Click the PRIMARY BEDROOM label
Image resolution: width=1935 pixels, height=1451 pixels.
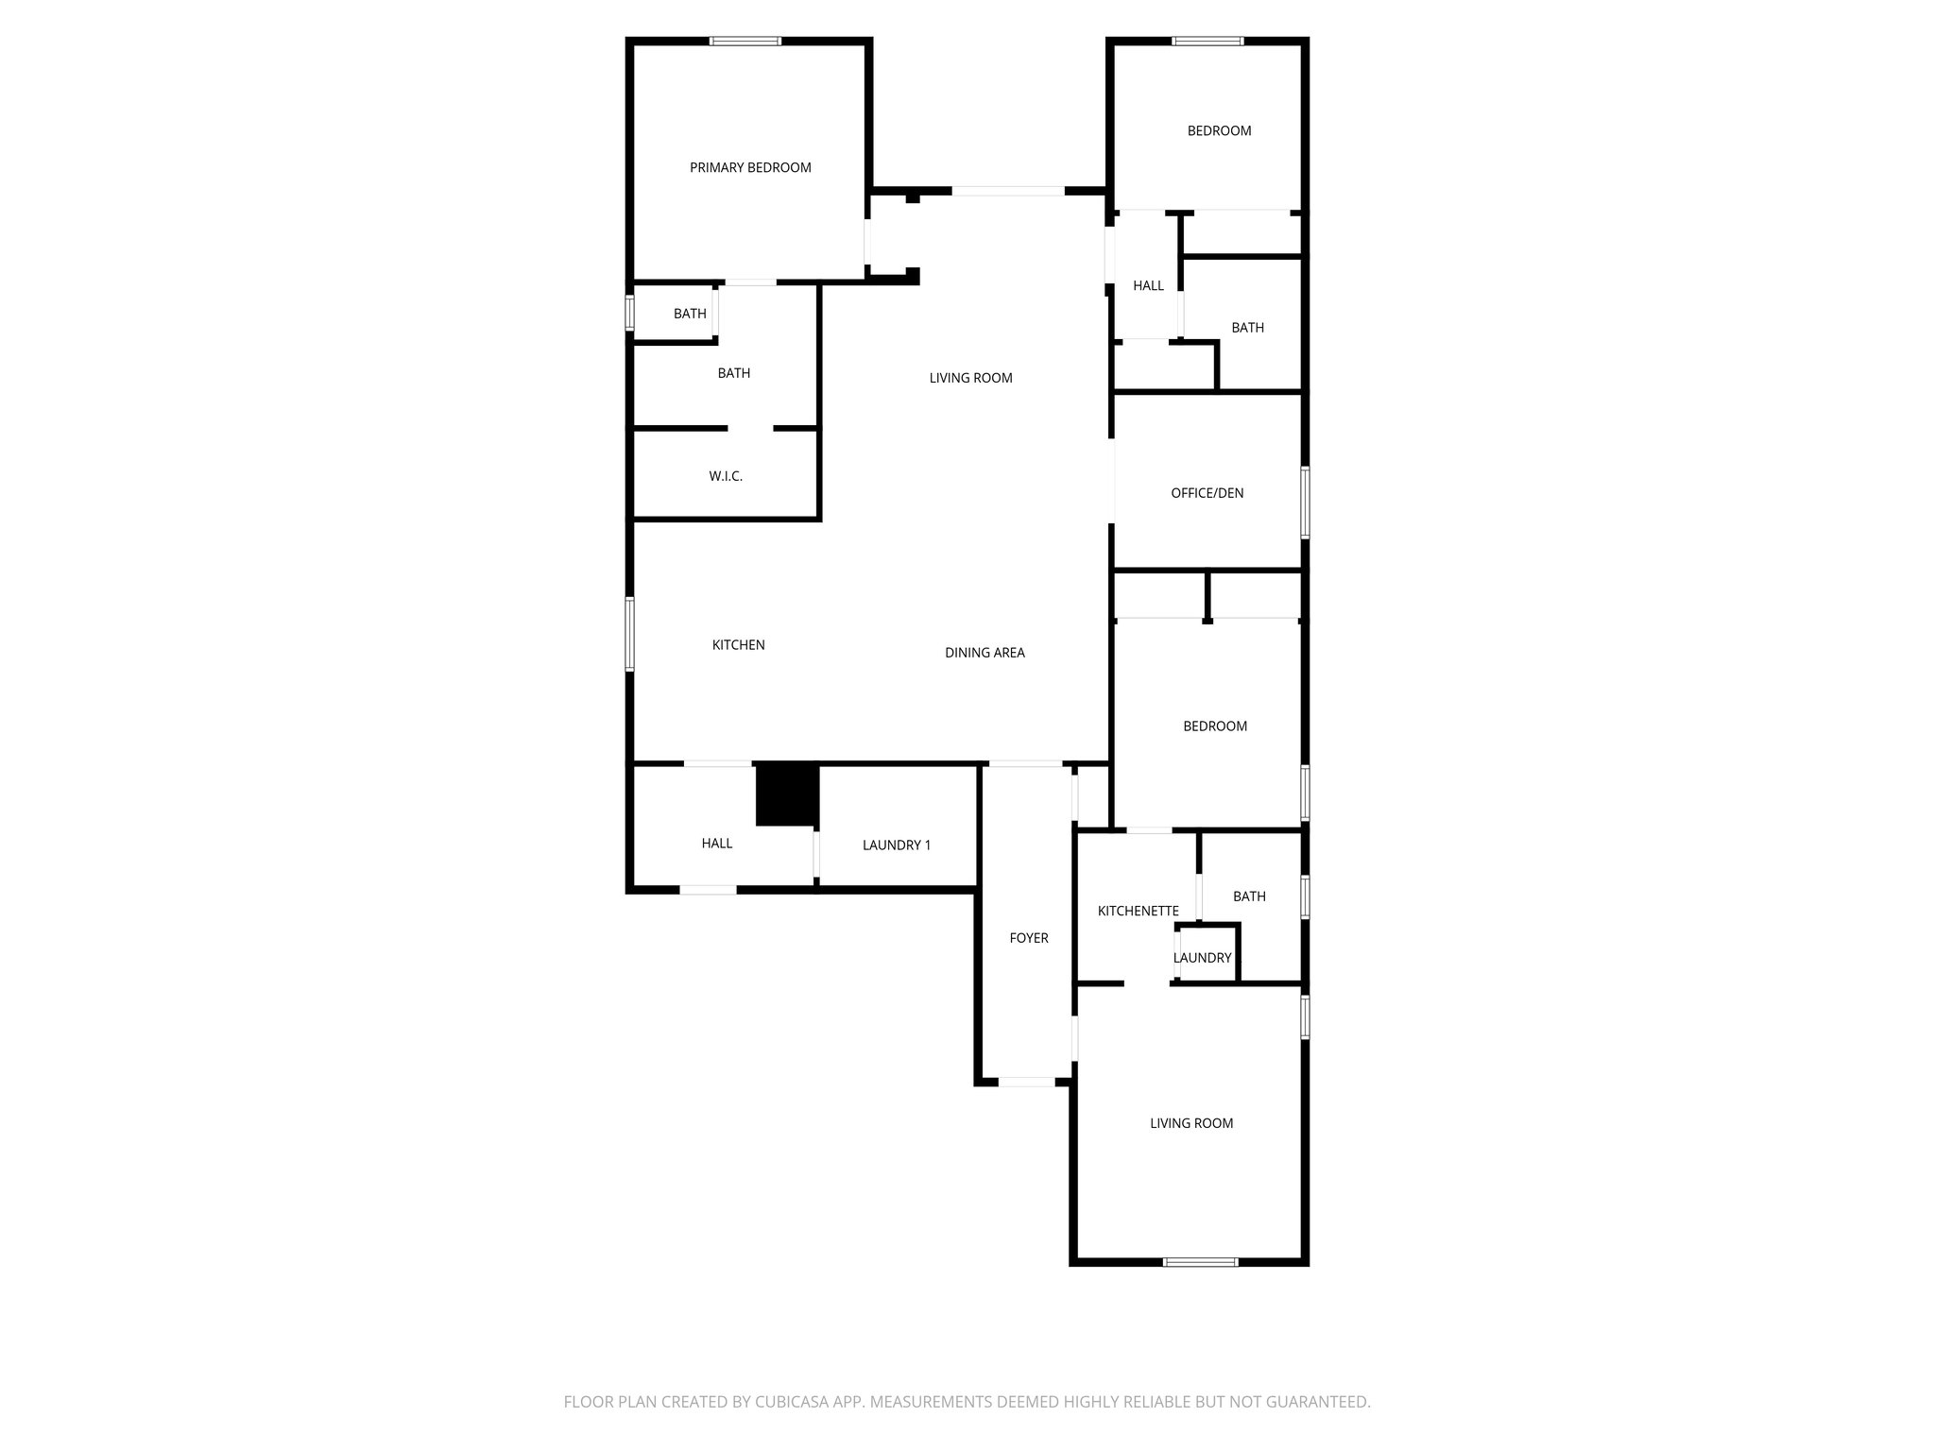pos(750,168)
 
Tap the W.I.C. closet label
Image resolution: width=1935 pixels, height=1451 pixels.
pos(726,476)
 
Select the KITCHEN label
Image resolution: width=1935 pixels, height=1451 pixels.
pos(738,645)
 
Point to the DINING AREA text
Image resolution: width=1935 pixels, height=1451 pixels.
pos(985,653)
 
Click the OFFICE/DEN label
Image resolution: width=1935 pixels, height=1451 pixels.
pos(1207,493)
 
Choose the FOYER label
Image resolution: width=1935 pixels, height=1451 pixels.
pos(1028,938)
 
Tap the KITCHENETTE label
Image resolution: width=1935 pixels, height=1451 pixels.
pos(1138,912)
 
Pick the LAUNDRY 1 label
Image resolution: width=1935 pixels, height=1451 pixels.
pos(896,845)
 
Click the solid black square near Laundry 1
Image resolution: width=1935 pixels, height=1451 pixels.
pos(786,794)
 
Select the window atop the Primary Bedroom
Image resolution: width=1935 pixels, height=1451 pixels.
pos(745,42)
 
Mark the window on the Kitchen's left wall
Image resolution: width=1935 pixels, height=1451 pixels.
pos(630,634)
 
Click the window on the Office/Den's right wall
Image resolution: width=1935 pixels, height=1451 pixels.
pos(1305,503)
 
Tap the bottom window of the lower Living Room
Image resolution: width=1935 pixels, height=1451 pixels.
pos(1200,1262)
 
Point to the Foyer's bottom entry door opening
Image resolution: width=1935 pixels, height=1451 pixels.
pos(1026,1082)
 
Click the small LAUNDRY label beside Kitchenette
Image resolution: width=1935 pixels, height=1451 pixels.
pos(1202,958)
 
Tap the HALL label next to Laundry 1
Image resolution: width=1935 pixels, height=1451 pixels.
pos(716,844)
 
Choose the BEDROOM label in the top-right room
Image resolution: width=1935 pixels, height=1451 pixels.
pos(1219,131)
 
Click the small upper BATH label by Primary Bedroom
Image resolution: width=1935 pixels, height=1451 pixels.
pos(690,314)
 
